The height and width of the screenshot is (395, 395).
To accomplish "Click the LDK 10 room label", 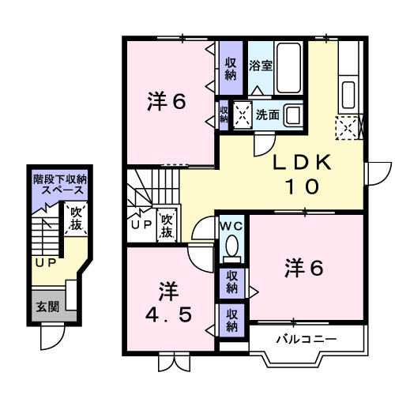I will point(299,175).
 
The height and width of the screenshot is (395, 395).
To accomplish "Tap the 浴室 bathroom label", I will point(260,66).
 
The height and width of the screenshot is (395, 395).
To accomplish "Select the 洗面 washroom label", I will point(266,115).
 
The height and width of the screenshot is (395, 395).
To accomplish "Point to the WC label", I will point(231,226).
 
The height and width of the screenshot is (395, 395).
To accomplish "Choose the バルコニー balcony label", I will point(307,340).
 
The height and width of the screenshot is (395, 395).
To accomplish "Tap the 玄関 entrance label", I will point(46,307).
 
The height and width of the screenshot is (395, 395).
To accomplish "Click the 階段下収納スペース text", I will point(59,186).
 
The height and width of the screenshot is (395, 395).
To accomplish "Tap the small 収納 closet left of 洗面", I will point(224,115).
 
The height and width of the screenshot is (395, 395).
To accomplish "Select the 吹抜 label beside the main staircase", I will point(167,227).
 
